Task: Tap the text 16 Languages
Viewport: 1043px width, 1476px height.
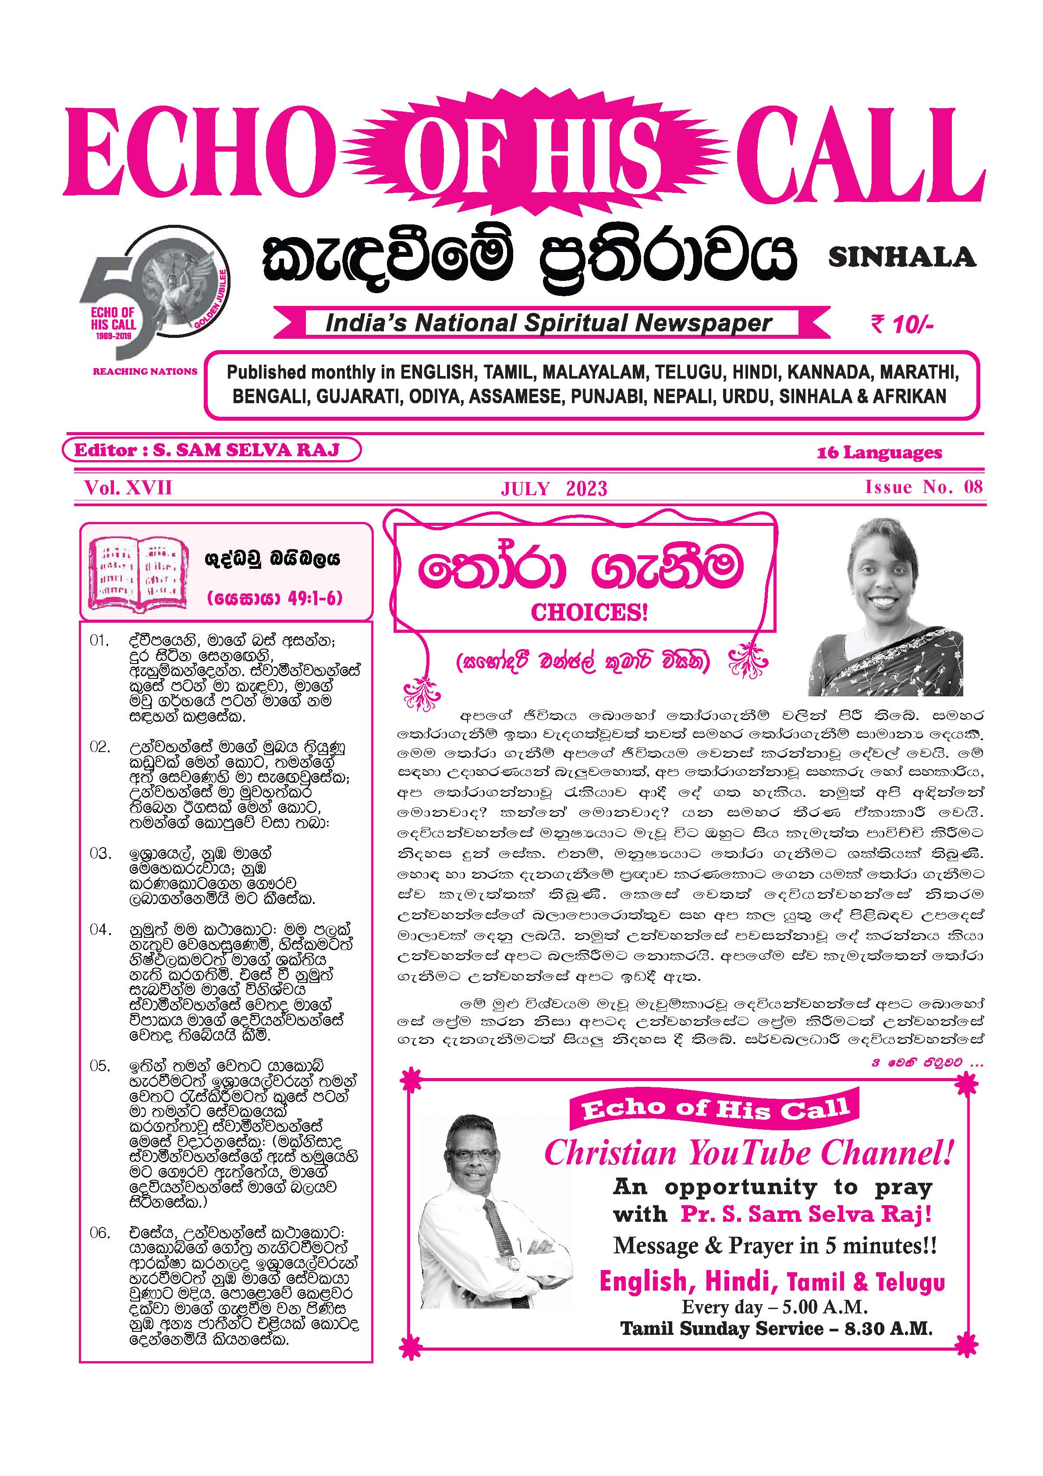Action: pyautogui.click(x=879, y=453)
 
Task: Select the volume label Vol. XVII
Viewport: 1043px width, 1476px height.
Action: pyautogui.click(x=128, y=487)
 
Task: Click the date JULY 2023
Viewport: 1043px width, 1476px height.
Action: pyautogui.click(x=553, y=489)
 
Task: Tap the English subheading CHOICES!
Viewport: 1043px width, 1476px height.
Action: pyautogui.click(x=589, y=612)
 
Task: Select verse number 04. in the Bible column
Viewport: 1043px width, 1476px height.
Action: pyautogui.click(x=100, y=930)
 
